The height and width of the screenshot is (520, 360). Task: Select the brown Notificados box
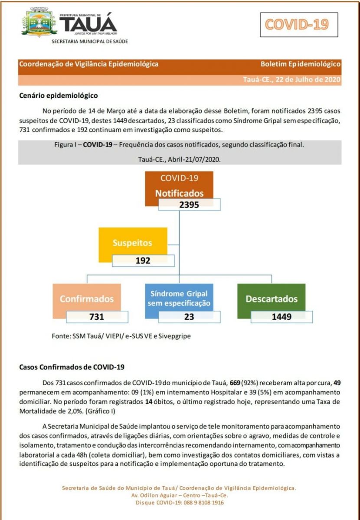pos(179,186)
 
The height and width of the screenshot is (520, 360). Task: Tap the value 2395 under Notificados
pos(189,205)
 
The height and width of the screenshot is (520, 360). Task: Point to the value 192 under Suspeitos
pos(143,260)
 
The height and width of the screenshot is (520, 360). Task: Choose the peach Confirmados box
pos(87,299)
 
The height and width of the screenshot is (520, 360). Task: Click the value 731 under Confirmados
pos(97,317)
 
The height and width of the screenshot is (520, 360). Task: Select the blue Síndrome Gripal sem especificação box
pos(179,298)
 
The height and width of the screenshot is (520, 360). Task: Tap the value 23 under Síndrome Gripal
pos(189,317)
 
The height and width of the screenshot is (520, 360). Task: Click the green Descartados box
pos(272,299)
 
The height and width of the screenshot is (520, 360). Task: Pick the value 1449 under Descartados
pos(281,317)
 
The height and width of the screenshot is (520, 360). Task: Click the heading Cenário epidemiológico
pos(59,95)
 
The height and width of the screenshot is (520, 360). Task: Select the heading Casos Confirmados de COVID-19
pos(72,367)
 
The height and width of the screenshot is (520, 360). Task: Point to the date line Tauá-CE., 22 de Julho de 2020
pos(291,80)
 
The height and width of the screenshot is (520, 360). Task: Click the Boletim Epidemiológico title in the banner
pos(300,64)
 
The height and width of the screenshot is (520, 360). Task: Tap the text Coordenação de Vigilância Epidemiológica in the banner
pos(88,64)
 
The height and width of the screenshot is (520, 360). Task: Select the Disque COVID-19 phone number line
pos(180,503)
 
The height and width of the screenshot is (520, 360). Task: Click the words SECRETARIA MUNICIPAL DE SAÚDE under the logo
pos(90,42)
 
